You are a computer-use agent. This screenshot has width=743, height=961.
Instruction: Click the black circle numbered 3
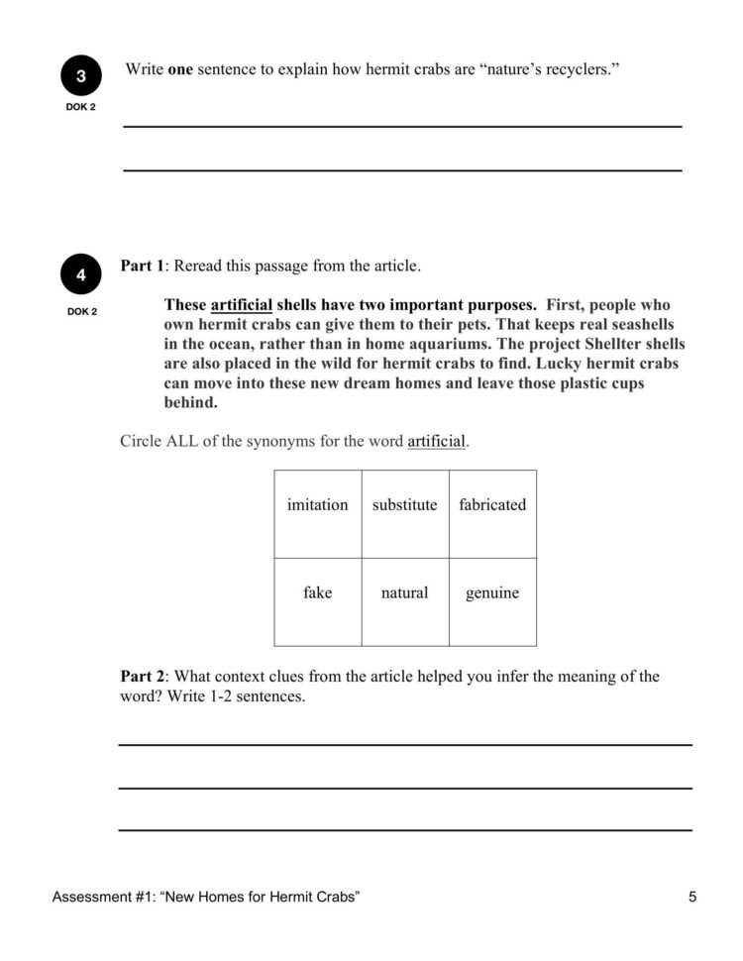[80, 76]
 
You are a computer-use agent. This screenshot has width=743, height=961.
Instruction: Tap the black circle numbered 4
[80, 274]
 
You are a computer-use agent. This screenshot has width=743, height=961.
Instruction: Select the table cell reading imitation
[317, 505]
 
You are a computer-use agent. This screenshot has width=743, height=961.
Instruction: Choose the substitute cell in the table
[404, 505]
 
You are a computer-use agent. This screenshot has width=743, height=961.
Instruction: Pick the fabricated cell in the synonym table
[492, 505]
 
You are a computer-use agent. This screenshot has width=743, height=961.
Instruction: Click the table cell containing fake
[317, 593]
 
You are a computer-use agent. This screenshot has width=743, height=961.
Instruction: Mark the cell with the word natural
[404, 593]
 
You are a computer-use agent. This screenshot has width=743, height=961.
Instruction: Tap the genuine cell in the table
[492, 593]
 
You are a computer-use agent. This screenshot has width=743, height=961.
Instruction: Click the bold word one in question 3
[180, 70]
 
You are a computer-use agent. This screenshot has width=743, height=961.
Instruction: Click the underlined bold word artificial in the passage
[241, 305]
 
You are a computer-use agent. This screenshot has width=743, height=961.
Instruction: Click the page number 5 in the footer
[692, 898]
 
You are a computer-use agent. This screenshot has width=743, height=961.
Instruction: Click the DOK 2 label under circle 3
[80, 107]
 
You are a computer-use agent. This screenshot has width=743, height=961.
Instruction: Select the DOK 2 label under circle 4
[80, 312]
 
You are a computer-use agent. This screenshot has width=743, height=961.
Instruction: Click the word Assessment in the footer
[89, 898]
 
